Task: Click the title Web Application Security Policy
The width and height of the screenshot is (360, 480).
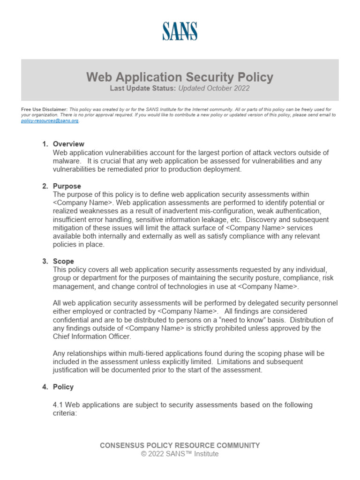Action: click(180, 77)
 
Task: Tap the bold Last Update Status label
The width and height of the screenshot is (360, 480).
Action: click(143, 88)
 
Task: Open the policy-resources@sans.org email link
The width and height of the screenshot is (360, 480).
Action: click(50, 120)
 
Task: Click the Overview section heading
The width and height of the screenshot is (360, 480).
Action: click(68, 144)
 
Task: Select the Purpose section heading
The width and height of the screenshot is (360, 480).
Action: click(67, 186)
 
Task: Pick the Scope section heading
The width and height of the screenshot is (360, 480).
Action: click(63, 261)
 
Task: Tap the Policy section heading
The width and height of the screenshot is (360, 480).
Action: click(63, 387)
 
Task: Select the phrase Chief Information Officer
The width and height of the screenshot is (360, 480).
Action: click(93, 337)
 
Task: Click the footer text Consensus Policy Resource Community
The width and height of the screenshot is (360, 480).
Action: click(180, 445)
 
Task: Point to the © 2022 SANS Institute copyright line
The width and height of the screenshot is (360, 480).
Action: click(180, 454)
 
